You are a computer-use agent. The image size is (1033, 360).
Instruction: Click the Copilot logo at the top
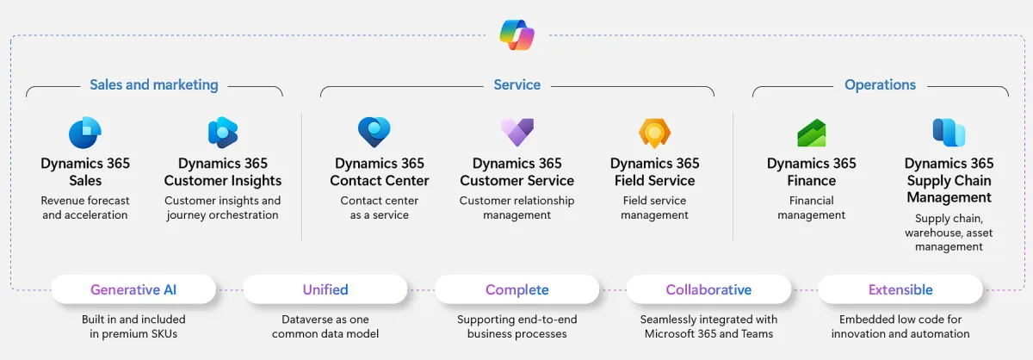tap(517, 35)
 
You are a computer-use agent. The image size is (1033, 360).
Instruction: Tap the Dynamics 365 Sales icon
tap(85, 133)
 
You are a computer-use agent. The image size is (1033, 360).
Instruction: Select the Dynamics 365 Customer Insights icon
tap(223, 133)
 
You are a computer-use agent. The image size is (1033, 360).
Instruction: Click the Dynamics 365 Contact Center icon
tap(374, 133)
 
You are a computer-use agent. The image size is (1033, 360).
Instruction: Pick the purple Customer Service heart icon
tap(517, 132)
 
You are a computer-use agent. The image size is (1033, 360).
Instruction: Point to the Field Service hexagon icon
tap(655, 133)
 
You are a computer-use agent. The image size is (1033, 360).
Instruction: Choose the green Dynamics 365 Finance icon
tap(812, 133)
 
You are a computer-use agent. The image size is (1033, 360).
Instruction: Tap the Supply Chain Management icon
tap(949, 133)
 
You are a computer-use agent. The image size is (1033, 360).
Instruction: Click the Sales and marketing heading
tap(154, 85)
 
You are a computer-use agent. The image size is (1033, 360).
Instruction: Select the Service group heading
tap(517, 85)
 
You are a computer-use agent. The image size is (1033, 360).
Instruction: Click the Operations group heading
tap(880, 85)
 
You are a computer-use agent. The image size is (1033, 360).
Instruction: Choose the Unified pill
tap(325, 290)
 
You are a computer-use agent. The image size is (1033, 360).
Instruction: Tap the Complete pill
tap(516, 290)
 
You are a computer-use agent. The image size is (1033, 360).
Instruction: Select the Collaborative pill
tap(708, 290)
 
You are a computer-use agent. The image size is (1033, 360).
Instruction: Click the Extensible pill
tap(900, 290)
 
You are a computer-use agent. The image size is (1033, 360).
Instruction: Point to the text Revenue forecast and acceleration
tap(85, 208)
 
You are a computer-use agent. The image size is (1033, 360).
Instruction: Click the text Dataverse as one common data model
tap(325, 326)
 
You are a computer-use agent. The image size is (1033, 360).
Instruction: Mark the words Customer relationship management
tap(517, 208)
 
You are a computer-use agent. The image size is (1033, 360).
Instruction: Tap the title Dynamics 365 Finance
tap(812, 171)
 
